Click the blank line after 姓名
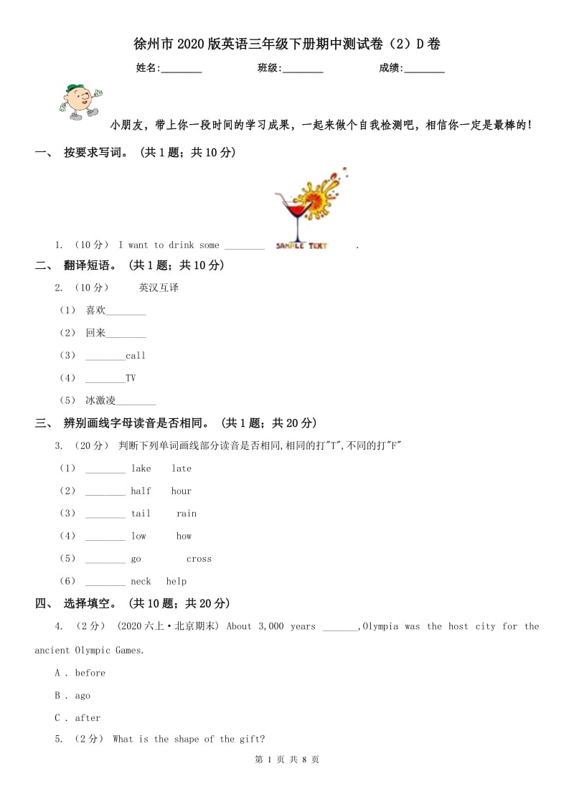(x=182, y=70)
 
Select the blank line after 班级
(x=303, y=70)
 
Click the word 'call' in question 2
(x=136, y=356)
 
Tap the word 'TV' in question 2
(x=131, y=378)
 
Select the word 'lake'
(x=141, y=468)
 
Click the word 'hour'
(x=182, y=491)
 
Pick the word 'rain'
(x=187, y=514)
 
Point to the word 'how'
(x=184, y=537)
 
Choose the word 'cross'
(x=199, y=559)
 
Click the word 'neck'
(x=141, y=582)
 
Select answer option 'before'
(x=90, y=673)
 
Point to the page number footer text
(x=287, y=760)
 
